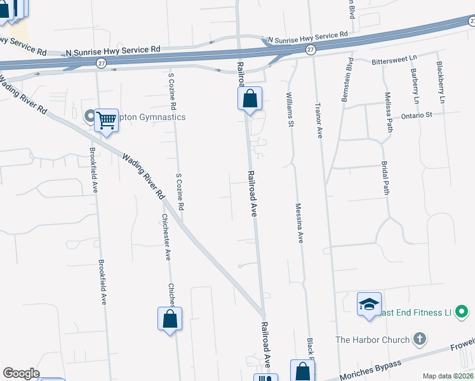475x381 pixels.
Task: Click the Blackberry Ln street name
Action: point(440,82)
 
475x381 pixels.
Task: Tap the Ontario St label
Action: point(416,115)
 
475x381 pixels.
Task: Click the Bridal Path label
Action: point(385,178)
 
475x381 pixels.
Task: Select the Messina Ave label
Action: point(299,222)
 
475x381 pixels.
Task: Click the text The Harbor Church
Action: point(372,340)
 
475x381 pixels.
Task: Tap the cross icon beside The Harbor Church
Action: point(419,339)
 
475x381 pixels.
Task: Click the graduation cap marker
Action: point(369,305)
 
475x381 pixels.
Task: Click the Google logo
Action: point(21,373)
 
